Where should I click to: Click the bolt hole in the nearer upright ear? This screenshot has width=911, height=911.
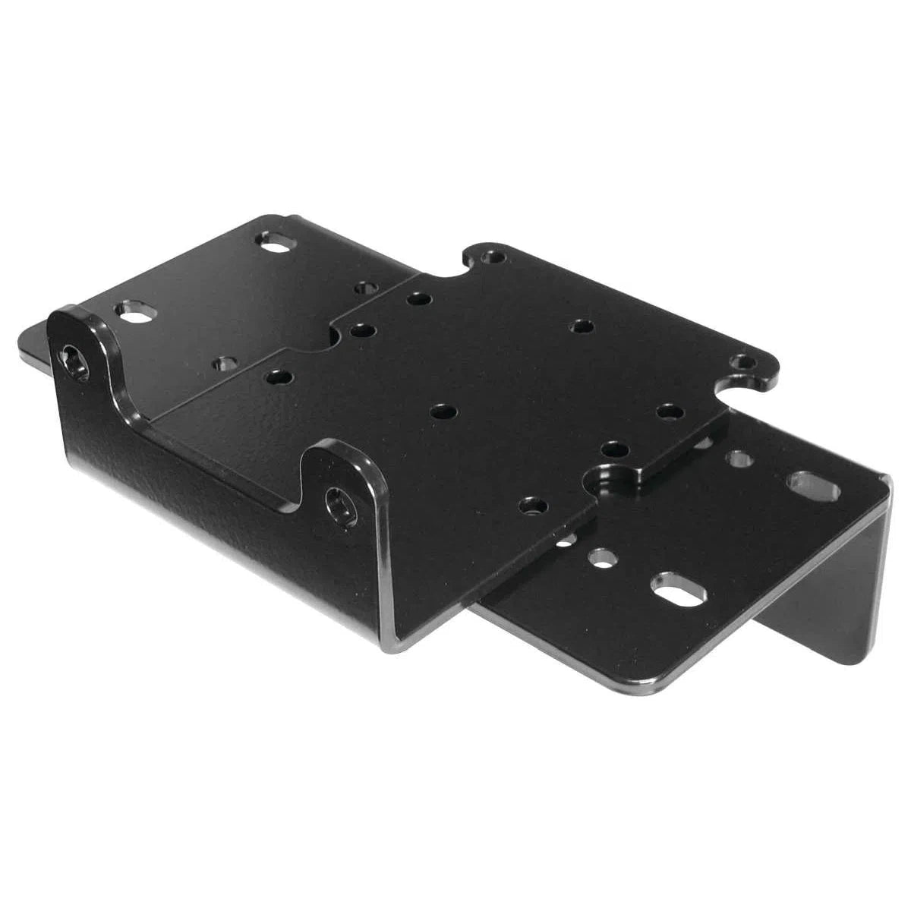[x=335, y=501]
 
